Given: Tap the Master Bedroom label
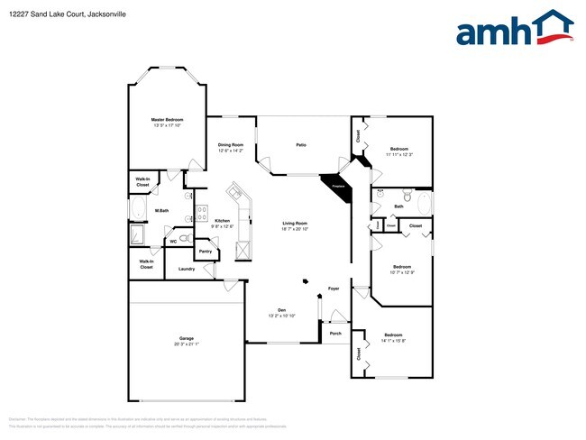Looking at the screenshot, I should click(x=167, y=119).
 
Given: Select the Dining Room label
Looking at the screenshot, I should click(x=231, y=144).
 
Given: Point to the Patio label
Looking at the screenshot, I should click(x=301, y=144).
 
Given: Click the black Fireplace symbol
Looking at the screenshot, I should click(x=338, y=181).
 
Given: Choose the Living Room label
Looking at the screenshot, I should click(x=295, y=223).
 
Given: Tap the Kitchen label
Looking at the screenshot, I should click(x=222, y=221).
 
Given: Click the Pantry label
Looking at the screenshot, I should click(x=205, y=252).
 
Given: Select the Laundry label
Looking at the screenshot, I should click(x=187, y=269).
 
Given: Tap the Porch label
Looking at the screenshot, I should click(x=335, y=333).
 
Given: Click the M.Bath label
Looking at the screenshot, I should click(x=162, y=212).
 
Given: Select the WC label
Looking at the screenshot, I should click(x=172, y=241).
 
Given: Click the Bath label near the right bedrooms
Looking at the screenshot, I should click(x=398, y=206).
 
